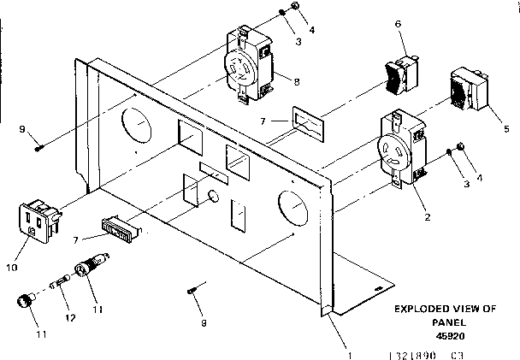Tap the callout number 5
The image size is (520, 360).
(x=506, y=128)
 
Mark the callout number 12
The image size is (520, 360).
(x=71, y=317)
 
